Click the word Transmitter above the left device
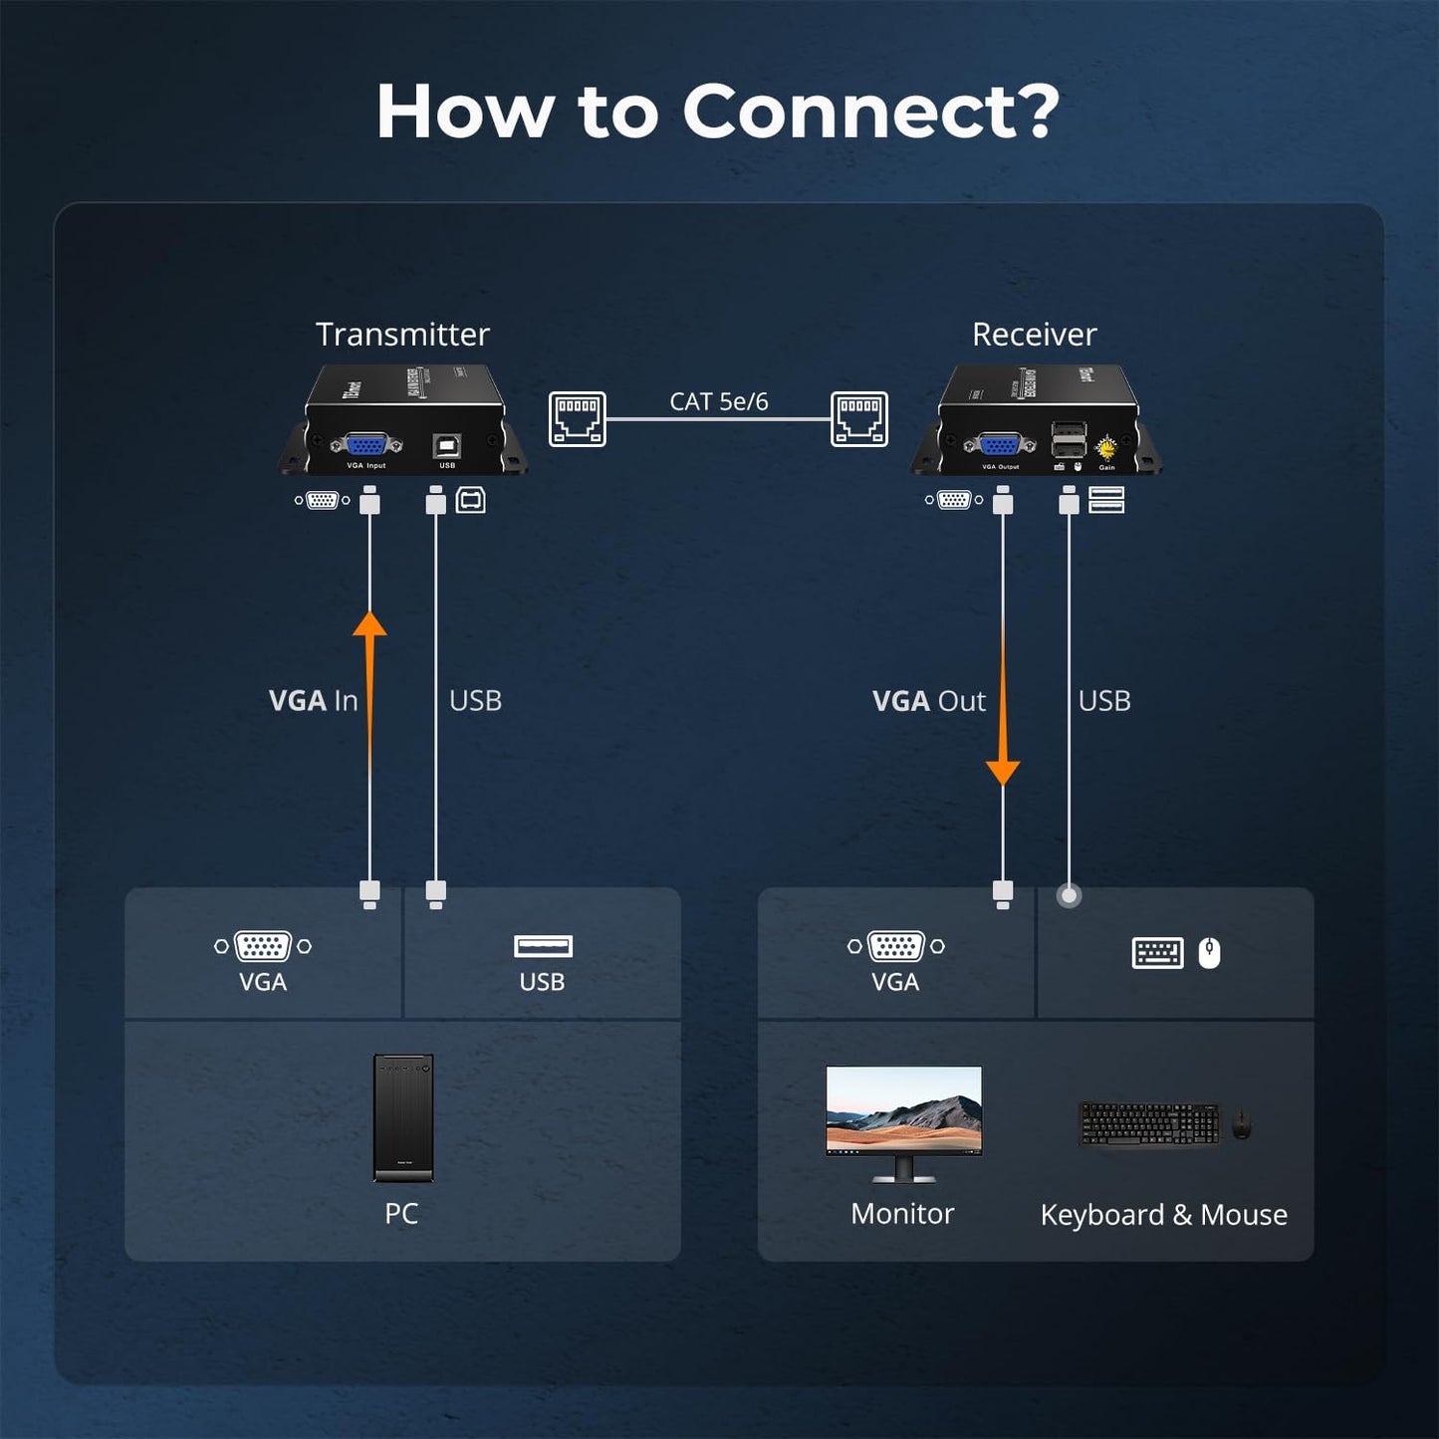coord(402,335)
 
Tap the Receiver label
coord(1034,335)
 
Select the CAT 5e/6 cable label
coord(718,401)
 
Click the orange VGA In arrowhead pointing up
coord(369,623)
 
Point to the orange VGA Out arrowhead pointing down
coord(1003,772)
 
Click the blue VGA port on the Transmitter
coord(366,445)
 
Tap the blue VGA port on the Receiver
coord(1000,445)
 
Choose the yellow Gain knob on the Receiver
coord(1105,447)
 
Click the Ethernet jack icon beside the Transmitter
coord(578,418)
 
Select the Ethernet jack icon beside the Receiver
coord(859,418)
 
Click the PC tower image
coord(403,1117)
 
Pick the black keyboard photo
coord(1149,1124)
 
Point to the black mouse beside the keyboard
coord(1241,1124)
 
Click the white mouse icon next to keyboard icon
coord(1209,953)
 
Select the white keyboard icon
coord(1157,953)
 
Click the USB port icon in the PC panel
coord(543,946)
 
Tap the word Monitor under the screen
coord(902,1214)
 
